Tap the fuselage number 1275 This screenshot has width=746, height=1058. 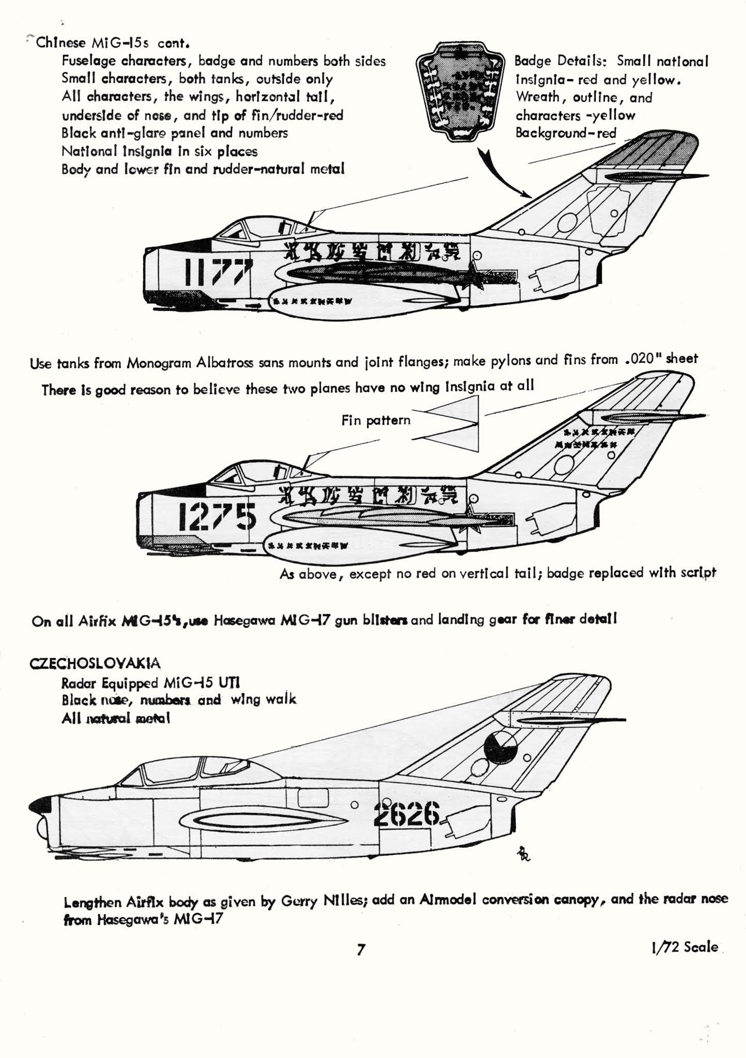point(217,516)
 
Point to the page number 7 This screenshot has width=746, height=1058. point(361,950)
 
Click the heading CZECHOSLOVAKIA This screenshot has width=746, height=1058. point(95,663)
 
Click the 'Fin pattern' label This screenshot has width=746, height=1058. point(376,421)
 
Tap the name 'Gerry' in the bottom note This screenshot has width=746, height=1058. point(299,901)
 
